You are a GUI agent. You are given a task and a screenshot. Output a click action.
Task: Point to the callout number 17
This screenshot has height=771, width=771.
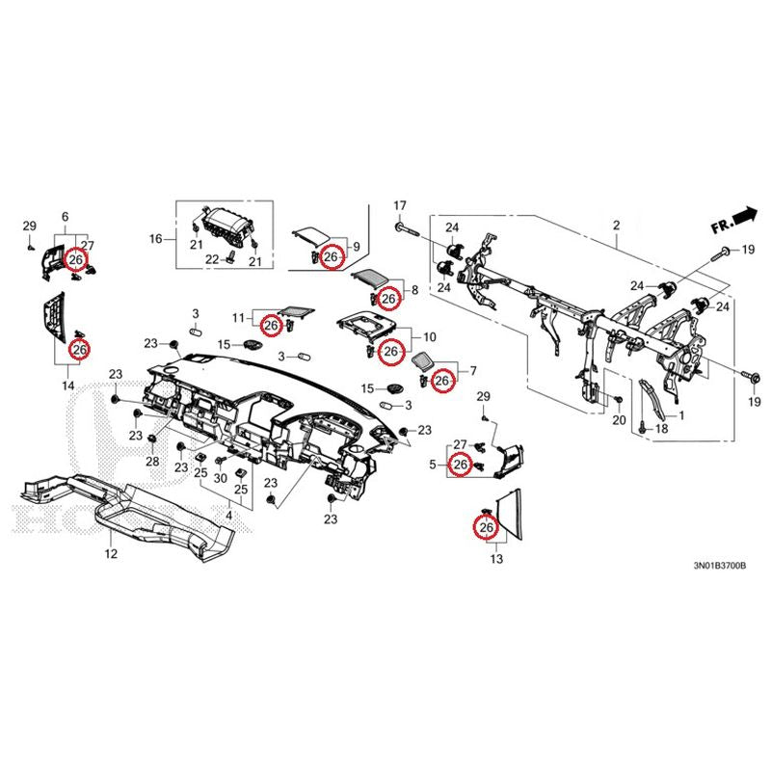(x=400, y=205)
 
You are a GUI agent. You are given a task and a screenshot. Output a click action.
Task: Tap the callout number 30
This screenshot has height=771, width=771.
(x=220, y=477)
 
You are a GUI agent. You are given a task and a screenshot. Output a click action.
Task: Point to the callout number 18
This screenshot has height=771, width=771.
(x=660, y=429)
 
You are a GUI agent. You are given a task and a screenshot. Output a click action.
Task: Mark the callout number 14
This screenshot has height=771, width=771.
(x=67, y=385)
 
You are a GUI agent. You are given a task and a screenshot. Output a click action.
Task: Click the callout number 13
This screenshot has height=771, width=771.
(x=497, y=559)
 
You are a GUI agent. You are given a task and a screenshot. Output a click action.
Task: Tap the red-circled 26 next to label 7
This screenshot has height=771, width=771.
(x=441, y=382)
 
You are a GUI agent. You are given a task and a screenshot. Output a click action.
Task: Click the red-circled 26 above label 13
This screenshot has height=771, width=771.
(x=487, y=528)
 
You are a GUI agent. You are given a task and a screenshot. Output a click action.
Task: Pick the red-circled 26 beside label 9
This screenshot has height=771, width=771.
(x=331, y=257)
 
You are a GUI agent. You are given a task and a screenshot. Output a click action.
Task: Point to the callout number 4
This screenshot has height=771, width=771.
(x=228, y=516)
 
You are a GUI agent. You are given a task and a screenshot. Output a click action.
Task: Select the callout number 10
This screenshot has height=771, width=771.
(x=430, y=337)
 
